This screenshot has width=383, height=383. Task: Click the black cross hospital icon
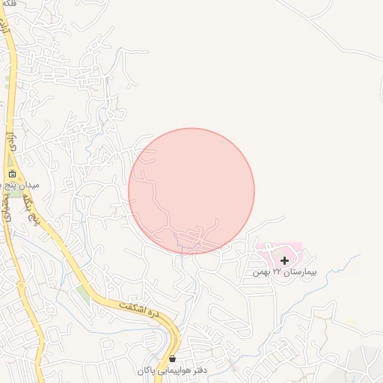click(284, 260)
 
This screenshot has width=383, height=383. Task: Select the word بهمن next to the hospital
click(261, 273)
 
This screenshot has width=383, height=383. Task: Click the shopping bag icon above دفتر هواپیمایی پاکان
click(173, 359)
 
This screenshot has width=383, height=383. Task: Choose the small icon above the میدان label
click(12, 174)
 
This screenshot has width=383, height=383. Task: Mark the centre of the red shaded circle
click(191, 191)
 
